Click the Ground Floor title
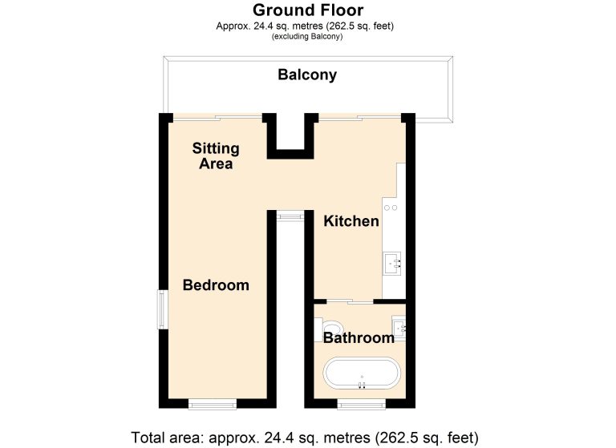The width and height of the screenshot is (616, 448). [x=308, y=10]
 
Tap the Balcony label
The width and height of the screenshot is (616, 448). [x=307, y=75]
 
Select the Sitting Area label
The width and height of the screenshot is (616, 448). [x=216, y=155]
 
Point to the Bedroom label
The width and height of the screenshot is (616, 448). [x=216, y=285]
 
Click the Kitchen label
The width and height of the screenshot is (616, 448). [x=351, y=221]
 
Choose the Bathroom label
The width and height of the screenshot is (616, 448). [x=359, y=337]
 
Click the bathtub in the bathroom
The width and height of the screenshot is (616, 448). [x=362, y=373]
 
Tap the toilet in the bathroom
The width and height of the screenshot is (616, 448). [x=328, y=329]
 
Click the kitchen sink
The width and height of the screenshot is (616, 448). [x=392, y=264]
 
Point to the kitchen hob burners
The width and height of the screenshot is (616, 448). [x=391, y=208]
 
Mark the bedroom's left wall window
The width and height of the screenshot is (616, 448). [x=163, y=309]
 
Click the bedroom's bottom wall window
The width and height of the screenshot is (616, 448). [x=212, y=405]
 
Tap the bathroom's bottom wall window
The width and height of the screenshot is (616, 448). [x=362, y=405]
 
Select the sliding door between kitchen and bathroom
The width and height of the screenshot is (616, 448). [x=350, y=301]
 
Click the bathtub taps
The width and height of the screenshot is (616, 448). [x=362, y=385]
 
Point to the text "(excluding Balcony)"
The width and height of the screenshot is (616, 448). [x=307, y=37]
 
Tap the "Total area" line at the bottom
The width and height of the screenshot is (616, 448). [x=305, y=438]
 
